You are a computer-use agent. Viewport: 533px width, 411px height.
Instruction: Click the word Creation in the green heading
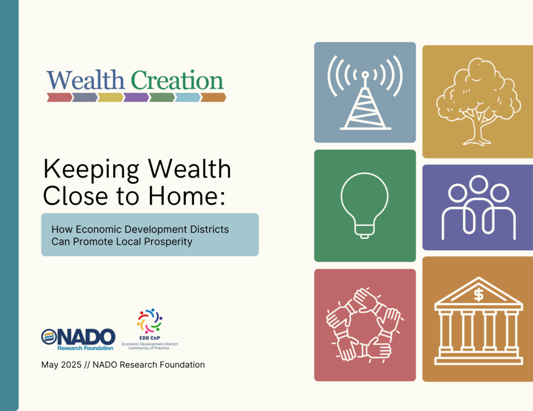[x=177, y=80]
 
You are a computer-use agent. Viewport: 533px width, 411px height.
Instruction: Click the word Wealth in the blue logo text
[x=86, y=80]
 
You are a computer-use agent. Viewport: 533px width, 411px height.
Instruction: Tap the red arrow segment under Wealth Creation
[x=59, y=97]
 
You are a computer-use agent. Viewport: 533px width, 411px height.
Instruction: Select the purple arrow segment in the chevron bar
[x=136, y=97]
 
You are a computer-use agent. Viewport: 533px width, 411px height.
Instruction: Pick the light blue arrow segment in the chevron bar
[x=187, y=97]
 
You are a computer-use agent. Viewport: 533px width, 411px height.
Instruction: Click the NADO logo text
[x=85, y=337]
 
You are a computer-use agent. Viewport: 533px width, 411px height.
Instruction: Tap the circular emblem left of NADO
[x=49, y=337]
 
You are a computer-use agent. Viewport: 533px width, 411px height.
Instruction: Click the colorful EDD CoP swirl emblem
[x=149, y=321]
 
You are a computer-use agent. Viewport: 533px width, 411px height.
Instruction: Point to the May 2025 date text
[x=61, y=365]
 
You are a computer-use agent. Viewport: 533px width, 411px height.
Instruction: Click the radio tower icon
[x=365, y=92]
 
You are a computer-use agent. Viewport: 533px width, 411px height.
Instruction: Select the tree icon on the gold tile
[x=478, y=101]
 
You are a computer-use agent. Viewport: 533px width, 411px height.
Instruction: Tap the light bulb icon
[x=364, y=206]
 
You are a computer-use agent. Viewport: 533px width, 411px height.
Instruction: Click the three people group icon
[x=479, y=207]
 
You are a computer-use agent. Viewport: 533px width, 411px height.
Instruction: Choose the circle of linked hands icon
[x=364, y=325]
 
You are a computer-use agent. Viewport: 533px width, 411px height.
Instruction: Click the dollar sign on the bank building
[x=479, y=295]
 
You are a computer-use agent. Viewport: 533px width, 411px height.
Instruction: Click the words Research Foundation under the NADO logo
[x=85, y=348]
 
